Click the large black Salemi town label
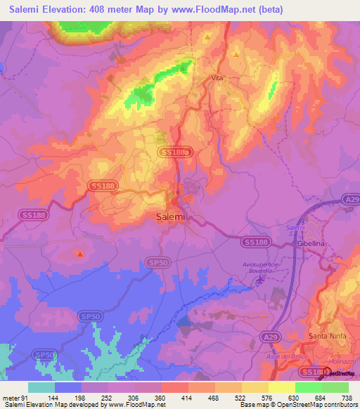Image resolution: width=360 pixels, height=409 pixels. tap(170, 217)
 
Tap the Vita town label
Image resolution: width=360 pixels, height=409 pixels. tap(217, 78)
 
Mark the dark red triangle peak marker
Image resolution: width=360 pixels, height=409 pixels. tap(81, 254)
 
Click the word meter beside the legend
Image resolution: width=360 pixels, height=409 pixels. tap(11, 397)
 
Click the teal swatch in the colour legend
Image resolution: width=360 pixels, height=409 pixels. tap(41, 387)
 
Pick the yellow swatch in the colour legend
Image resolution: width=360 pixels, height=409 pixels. tap(282, 387)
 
